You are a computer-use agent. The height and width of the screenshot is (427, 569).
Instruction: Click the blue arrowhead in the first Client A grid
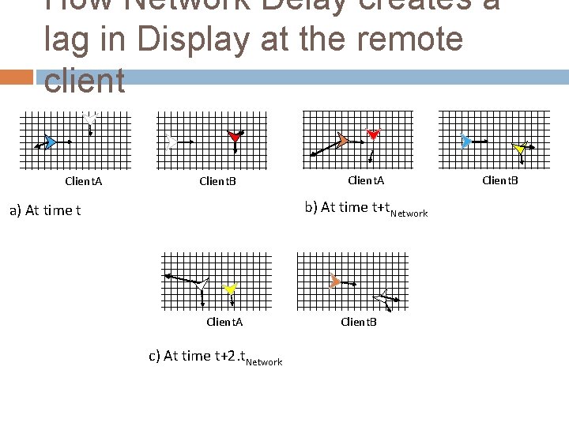coord(50,142)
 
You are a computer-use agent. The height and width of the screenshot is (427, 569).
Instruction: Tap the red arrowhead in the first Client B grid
coord(235,137)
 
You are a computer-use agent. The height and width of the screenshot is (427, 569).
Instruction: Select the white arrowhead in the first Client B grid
coord(171,142)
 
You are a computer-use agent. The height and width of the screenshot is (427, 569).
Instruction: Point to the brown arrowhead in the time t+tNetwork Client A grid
coord(341,141)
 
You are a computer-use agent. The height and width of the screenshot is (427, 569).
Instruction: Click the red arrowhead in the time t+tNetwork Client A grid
coord(374,134)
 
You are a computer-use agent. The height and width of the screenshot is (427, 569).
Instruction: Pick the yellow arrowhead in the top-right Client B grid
coord(519,149)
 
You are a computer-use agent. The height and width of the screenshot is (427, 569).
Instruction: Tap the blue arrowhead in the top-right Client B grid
coord(466,142)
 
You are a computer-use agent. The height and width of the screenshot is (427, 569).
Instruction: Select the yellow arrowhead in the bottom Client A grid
coord(230,290)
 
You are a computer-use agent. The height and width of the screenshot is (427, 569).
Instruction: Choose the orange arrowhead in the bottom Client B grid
coord(334,282)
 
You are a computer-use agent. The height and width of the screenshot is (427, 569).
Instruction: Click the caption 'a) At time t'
coord(44,210)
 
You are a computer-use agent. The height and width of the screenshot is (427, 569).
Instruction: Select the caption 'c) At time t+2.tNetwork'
coord(215,357)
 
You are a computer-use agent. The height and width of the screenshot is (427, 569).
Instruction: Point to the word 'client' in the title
coord(85,81)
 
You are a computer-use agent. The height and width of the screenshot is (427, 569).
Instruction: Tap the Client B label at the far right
coord(500,180)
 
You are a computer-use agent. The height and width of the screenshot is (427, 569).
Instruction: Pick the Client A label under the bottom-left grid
coord(224,322)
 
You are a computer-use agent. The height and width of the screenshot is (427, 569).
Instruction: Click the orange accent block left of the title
coord(17,77)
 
